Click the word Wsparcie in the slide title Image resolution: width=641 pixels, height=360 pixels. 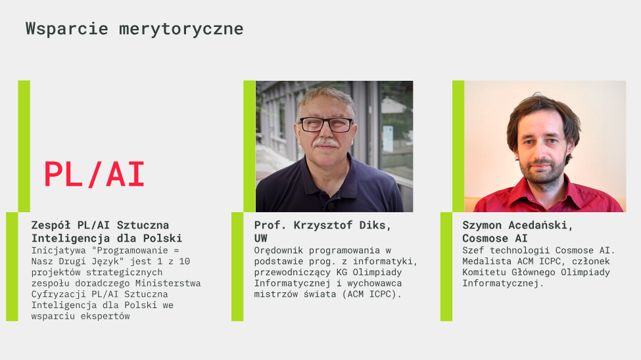coord(66,29)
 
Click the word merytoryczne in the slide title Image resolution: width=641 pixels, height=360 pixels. coord(181,30)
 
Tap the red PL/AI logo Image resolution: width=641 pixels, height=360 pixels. coord(94,175)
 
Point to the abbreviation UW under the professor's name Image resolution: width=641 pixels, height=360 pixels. coord(261,238)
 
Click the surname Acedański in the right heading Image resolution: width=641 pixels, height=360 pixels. coord(540,225)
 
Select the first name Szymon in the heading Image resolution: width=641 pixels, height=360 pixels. coord(482,225)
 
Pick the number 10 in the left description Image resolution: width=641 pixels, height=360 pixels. coord(184,261)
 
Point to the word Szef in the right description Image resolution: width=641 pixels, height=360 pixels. coord(473,250)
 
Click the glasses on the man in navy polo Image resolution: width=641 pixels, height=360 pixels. coord(326,125)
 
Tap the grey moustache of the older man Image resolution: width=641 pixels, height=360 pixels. coord(326,143)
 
